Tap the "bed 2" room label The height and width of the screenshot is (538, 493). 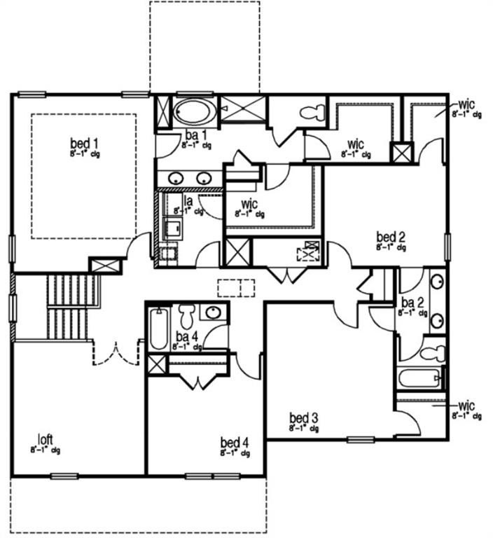click(x=390, y=236)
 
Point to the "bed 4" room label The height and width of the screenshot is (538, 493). click(x=233, y=442)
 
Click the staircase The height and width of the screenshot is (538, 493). click(x=71, y=305)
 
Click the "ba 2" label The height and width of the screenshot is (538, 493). click(x=412, y=303)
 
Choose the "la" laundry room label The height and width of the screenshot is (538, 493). click(x=188, y=201)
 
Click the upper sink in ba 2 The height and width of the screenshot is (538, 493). click(x=436, y=283)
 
